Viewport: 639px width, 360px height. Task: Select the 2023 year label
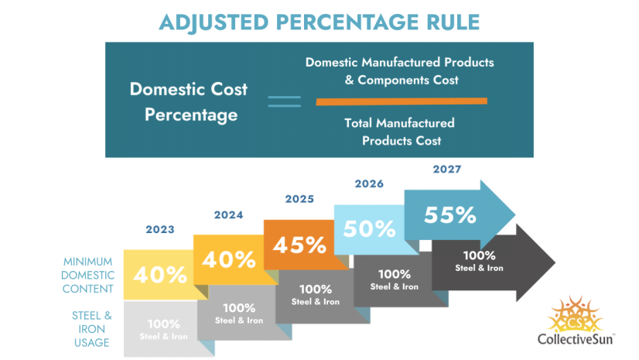click(x=160, y=230)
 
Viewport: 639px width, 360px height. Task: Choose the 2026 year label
click(x=370, y=183)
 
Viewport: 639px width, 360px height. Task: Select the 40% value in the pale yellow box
click(x=160, y=275)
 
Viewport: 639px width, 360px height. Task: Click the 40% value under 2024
click(x=230, y=259)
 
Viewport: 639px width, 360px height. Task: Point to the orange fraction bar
click(x=401, y=101)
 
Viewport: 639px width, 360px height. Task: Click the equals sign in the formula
click(x=284, y=101)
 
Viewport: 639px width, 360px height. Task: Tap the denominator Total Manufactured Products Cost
click(x=400, y=132)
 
